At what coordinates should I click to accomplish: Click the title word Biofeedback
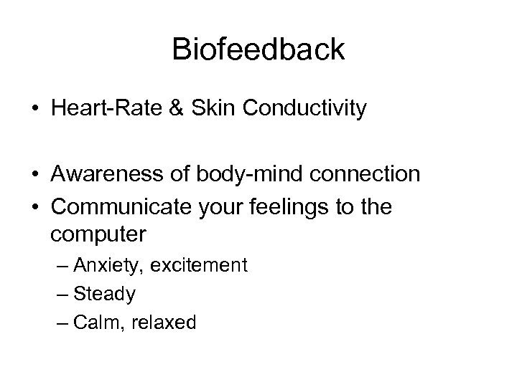[258, 49]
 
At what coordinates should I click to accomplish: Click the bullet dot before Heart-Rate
[34, 110]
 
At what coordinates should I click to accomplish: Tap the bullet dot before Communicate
[34, 209]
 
